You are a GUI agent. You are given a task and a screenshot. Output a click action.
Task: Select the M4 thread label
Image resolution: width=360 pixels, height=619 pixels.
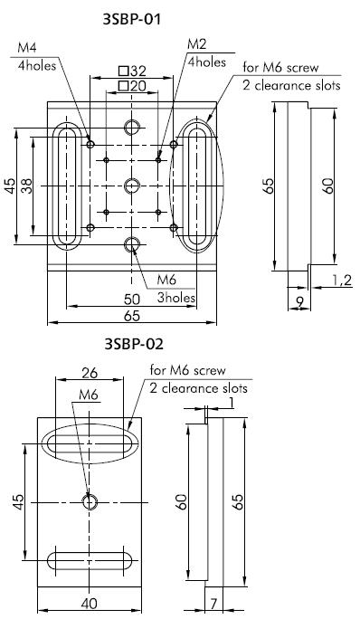point(27,47)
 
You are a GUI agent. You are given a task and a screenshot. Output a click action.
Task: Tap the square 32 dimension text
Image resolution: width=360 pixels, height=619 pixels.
point(132,71)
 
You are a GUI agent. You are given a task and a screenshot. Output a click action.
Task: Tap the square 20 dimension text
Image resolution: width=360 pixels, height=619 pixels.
point(132,85)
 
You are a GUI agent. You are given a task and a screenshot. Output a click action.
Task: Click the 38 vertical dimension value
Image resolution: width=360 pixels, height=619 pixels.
point(27,186)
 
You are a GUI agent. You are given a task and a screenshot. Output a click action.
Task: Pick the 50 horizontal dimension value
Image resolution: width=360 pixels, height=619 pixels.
point(132,298)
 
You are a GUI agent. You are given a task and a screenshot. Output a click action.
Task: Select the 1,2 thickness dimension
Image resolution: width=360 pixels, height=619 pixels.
point(343,281)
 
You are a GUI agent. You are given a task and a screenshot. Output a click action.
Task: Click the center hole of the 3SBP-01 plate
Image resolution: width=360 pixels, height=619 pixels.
point(133,186)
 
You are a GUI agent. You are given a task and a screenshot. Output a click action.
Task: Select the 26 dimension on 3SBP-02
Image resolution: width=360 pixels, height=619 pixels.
point(88,371)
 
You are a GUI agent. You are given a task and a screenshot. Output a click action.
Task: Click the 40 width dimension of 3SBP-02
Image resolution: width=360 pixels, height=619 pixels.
point(88,604)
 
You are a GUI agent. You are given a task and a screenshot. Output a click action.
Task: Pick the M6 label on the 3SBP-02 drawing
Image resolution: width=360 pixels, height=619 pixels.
point(88,395)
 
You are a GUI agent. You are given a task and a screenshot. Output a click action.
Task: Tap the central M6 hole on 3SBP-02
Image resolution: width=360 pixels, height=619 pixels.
point(89,501)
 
